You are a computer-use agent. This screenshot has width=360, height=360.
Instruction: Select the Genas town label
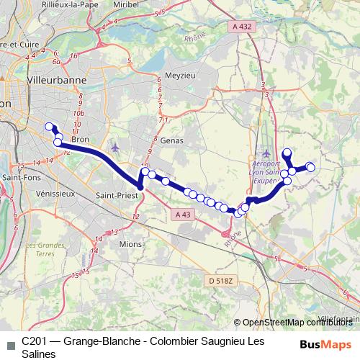pyautogui.click(x=173, y=140)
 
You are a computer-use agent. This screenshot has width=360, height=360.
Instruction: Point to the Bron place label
pyautogui.click(x=80, y=140)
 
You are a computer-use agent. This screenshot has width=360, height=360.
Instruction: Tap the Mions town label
pyautogui.click(x=131, y=243)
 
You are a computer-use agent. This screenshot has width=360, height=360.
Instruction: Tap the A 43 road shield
pyautogui.click(x=184, y=214)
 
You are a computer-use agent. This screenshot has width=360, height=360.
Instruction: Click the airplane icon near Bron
pyautogui.click(x=116, y=148)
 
